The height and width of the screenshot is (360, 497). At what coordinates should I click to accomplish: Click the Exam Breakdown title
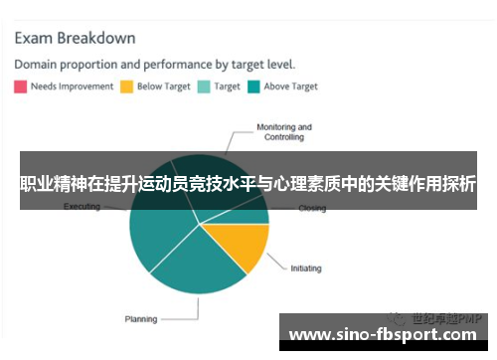point(75,39)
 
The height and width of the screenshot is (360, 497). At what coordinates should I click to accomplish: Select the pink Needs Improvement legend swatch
point(20,87)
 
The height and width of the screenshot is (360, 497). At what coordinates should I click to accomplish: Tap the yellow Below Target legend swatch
point(126,87)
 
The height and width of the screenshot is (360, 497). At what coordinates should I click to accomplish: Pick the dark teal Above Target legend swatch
point(253,87)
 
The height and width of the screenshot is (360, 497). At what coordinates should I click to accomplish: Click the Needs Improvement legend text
point(72,87)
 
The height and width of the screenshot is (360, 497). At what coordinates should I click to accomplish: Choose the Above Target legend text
point(290,87)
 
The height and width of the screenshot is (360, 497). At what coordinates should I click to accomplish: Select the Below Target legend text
point(163,87)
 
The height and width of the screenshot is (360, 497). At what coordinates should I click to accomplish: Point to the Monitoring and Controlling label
point(283,132)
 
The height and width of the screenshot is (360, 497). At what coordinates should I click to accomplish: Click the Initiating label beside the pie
point(306,269)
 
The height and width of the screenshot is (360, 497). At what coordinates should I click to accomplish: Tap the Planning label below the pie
point(140,319)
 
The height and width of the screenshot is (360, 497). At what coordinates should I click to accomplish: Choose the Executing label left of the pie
point(82,207)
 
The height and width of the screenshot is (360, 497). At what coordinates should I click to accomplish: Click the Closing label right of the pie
point(312,209)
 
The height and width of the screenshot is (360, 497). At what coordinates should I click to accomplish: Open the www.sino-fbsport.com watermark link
point(384,334)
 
